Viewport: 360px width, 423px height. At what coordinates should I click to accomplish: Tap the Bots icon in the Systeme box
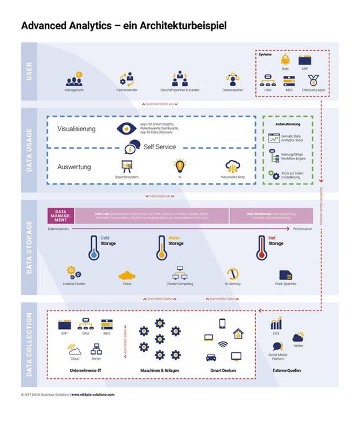(x=285, y=60)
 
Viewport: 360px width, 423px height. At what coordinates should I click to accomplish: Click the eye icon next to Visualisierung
(x=125, y=129)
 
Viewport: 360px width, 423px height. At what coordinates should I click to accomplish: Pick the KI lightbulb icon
(x=179, y=166)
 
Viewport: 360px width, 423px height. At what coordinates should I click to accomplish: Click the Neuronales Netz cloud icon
(x=233, y=166)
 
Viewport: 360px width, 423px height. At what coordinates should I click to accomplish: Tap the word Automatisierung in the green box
(x=287, y=124)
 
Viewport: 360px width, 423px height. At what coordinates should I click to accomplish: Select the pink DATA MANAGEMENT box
(x=60, y=215)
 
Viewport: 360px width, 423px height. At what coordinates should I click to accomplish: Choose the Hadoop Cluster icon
(x=74, y=273)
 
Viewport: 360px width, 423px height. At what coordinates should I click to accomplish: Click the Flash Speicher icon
(x=286, y=274)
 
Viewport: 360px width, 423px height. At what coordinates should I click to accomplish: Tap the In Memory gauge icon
(x=233, y=274)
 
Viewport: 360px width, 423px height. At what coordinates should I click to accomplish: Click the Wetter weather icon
(x=298, y=337)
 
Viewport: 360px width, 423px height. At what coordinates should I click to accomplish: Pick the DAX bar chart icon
(x=276, y=323)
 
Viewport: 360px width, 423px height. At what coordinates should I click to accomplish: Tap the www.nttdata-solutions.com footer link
(x=93, y=394)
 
